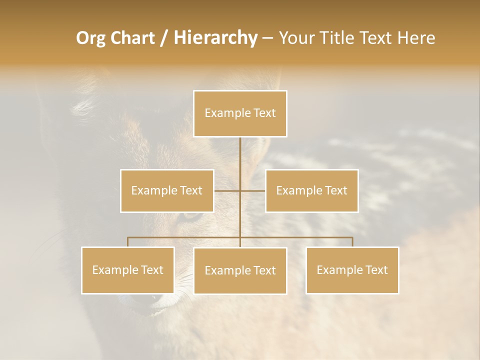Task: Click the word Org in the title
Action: click(x=91, y=38)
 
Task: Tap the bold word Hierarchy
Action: click(x=215, y=38)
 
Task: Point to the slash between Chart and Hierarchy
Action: click(x=164, y=38)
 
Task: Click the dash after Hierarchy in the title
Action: click(x=267, y=38)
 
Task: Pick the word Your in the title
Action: click(x=295, y=38)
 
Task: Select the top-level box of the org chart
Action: click(x=240, y=113)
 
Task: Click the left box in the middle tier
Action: click(x=167, y=190)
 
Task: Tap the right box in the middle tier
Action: click(x=311, y=190)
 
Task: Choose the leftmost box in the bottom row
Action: click(x=128, y=270)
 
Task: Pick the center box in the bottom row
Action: click(x=240, y=270)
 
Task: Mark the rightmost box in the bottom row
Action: click(x=352, y=270)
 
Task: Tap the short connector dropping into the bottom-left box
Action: click(x=128, y=242)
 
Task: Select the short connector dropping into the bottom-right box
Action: click(x=352, y=242)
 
